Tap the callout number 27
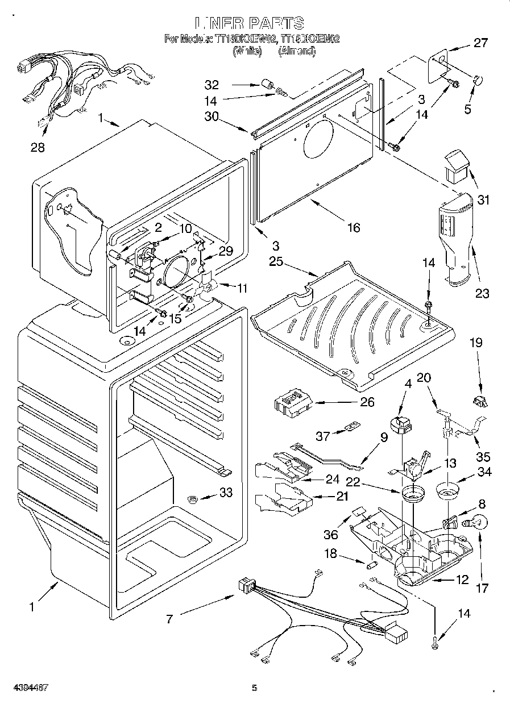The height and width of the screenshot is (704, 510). point(480,42)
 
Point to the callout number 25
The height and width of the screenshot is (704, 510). point(276,262)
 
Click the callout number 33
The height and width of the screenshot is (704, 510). point(226,493)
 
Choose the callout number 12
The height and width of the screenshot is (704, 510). point(462,580)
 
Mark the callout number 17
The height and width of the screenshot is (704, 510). point(482,588)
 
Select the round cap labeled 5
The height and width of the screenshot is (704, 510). point(478,80)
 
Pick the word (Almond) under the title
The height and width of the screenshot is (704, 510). point(296,51)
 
